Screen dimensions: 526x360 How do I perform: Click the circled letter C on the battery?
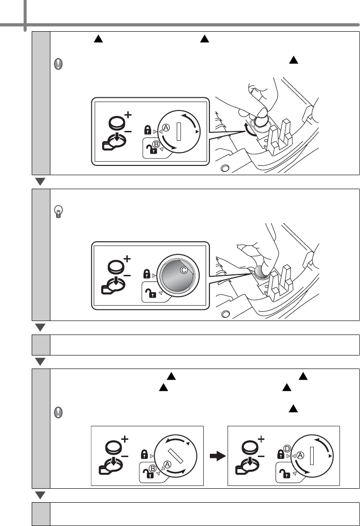(x=184, y=270)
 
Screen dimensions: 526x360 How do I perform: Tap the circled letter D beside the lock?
(x=288, y=449)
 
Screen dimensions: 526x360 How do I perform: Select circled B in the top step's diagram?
(x=156, y=145)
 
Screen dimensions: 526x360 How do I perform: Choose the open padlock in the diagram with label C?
(x=150, y=292)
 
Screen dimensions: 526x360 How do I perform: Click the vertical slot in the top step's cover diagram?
(x=178, y=130)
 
